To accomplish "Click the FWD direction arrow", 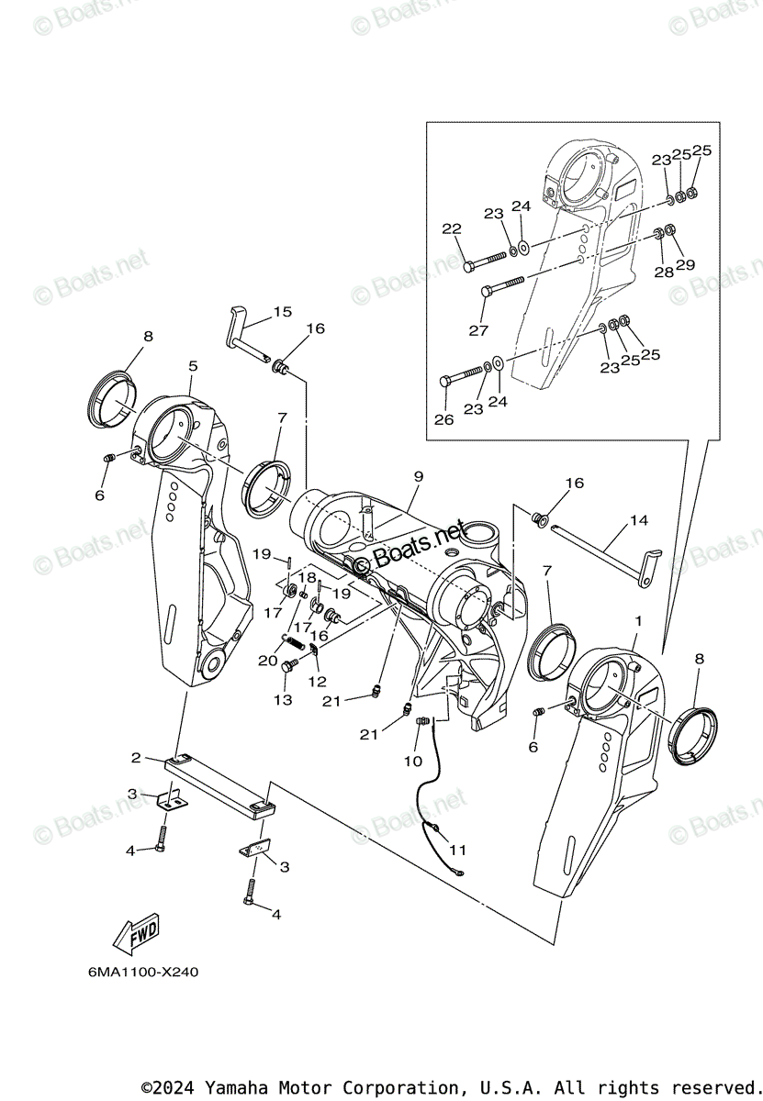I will tap(136, 932).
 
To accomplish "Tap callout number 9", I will tap(418, 476).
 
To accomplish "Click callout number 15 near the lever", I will tap(282, 312).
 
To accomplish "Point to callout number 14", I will tap(638, 520).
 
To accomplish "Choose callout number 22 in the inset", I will tap(451, 229).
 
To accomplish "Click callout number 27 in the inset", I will tap(478, 330).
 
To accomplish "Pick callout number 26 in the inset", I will tap(445, 421).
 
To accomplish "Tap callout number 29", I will tap(685, 265).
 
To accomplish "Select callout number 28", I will tap(664, 272).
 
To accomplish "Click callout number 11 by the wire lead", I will tap(457, 850).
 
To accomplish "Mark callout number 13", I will tap(283, 700).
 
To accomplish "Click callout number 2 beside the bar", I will tap(136, 758).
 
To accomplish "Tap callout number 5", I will tap(193, 366).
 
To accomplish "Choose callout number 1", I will tap(638, 621).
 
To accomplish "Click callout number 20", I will tap(267, 661).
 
